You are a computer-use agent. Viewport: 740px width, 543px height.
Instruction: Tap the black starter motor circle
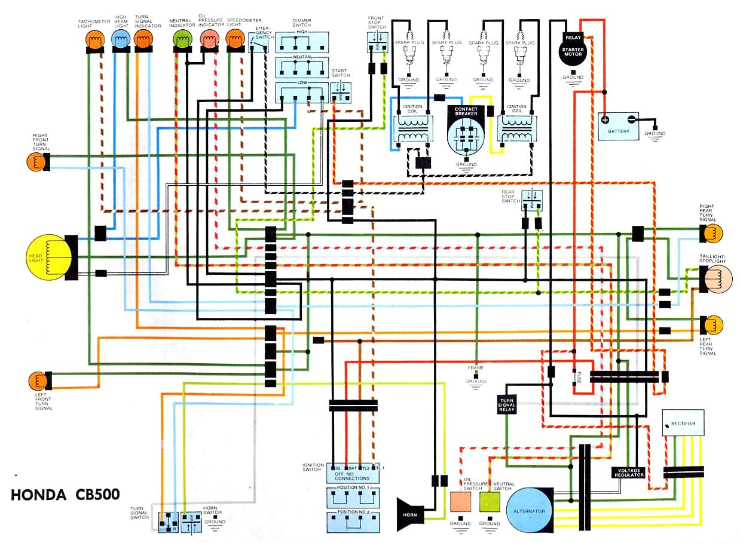click(573, 51)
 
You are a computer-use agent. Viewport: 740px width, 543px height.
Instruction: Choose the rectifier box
click(683, 423)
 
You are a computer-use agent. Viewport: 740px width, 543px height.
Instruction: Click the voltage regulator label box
click(629, 472)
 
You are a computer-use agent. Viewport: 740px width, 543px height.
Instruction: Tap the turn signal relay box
click(506, 404)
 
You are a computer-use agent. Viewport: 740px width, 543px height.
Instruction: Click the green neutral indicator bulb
click(181, 40)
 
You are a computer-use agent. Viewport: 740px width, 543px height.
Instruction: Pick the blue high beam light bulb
click(121, 40)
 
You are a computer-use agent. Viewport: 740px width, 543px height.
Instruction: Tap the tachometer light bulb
click(94, 40)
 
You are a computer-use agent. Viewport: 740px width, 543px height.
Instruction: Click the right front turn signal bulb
click(35, 162)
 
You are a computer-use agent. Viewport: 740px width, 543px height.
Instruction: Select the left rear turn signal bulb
click(713, 325)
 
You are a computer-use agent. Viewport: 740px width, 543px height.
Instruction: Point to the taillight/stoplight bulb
click(717, 278)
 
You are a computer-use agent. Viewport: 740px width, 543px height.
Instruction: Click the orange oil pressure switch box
click(460, 502)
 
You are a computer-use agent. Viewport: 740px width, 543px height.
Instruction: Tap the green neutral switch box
click(490, 502)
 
